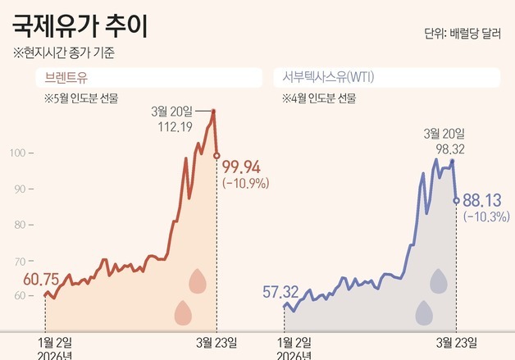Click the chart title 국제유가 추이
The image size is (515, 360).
[x=80, y=26]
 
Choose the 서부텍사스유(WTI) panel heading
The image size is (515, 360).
[x=325, y=79]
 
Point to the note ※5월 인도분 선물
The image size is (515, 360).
[x=81, y=99]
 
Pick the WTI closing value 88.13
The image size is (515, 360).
[x=481, y=200]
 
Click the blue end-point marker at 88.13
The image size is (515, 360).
[x=456, y=199]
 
